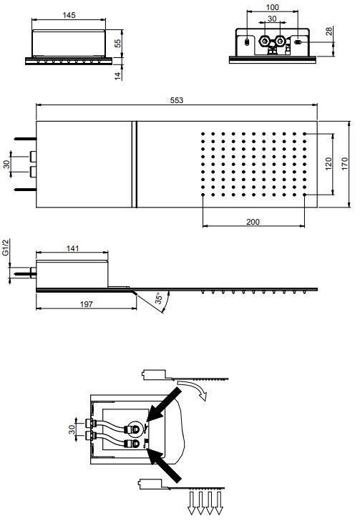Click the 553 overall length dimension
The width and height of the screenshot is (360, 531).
click(177, 100)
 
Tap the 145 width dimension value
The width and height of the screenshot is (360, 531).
click(69, 15)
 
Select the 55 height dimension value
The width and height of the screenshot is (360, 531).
click(117, 44)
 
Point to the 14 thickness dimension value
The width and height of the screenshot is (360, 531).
click(117, 76)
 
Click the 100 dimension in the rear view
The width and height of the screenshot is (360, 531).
click(272, 7)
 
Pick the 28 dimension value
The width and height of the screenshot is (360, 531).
click(329, 31)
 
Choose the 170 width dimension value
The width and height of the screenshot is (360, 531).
click(344, 164)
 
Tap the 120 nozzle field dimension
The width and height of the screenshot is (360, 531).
click(329, 164)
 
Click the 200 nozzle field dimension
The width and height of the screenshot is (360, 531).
click(253, 222)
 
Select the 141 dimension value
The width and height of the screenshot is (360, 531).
click(72, 248)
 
